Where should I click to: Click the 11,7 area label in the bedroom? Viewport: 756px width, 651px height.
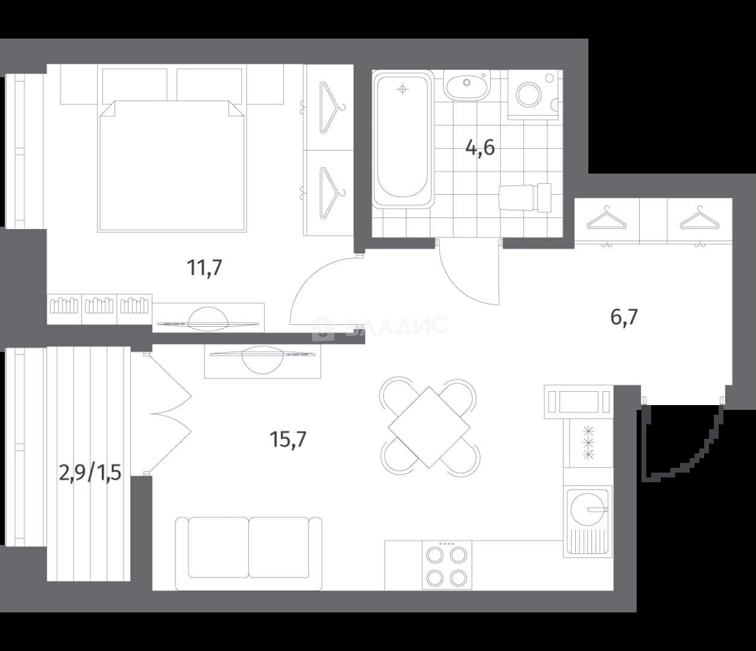click(x=204, y=268)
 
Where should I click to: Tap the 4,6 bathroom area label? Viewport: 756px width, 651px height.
click(x=480, y=148)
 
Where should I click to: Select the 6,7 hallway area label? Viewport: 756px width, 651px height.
click(x=624, y=317)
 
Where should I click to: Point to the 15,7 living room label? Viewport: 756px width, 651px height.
click(x=288, y=439)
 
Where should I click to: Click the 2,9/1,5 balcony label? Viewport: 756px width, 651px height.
click(x=90, y=474)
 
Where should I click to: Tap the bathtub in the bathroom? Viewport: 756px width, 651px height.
click(x=403, y=139)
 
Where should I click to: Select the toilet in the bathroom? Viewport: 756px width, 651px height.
click(x=526, y=198)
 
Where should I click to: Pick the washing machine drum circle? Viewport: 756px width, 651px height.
click(x=529, y=95)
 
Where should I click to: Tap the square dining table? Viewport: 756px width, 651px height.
click(x=429, y=427)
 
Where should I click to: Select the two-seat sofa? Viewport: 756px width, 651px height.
click(x=249, y=553)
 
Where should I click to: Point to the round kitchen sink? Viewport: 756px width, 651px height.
click(x=587, y=509)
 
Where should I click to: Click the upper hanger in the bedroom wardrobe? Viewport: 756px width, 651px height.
click(x=332, y=107)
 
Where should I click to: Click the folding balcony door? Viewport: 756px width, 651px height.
click(x=170, y=414)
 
